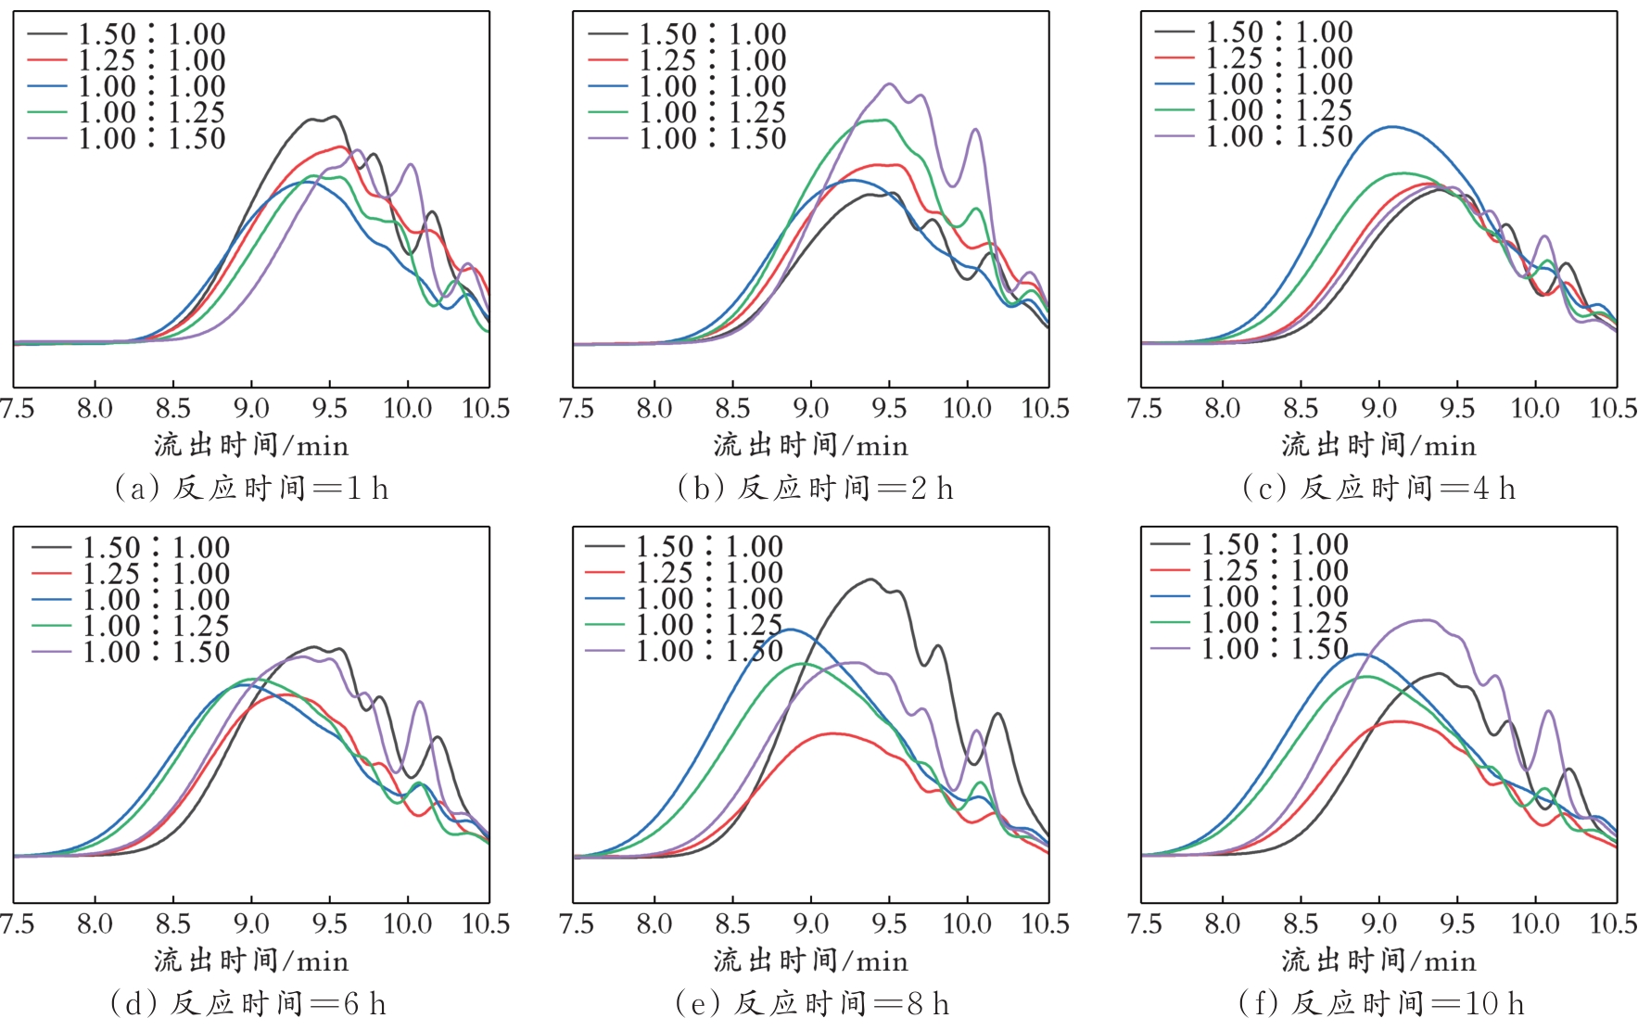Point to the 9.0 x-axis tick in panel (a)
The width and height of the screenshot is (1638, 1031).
click(x=251, y=408)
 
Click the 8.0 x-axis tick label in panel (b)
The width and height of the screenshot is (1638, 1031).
click(x=654, y=408)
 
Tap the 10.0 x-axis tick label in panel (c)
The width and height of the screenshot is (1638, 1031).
click(x=1535, y=408)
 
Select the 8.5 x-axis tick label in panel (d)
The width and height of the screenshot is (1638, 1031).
click(x=173, y=923)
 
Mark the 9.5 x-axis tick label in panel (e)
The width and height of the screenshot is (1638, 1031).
click(x=889, y=923)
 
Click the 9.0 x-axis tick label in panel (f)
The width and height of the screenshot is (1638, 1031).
click(x=1378, y=923)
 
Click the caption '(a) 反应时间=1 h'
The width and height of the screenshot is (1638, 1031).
click(x=250, y=488)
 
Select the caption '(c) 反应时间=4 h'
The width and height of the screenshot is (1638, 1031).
click(x=1378, y=488)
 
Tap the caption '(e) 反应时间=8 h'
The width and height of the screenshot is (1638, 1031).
click(x=811, y=1003)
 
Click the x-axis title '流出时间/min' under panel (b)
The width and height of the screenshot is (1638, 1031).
click(x=811, y=446)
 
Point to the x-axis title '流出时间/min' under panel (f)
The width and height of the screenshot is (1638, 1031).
click(x=1378, y=961)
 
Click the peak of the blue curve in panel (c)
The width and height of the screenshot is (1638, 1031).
click(x=1390, y=127)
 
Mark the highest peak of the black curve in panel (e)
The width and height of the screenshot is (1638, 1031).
click(x=870, y=579)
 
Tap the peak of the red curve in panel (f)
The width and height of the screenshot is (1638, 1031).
click(x=1397, y=721)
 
